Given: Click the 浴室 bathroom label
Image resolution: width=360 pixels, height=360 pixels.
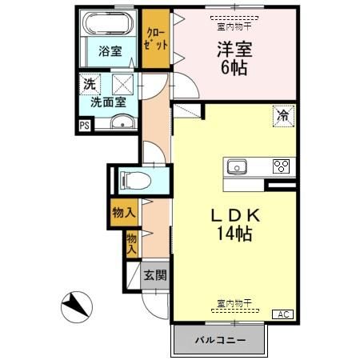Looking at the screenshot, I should [110, 51].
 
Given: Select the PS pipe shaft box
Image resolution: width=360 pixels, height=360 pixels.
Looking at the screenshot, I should [84, 125].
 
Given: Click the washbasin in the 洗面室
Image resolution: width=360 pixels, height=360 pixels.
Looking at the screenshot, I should [122, 122].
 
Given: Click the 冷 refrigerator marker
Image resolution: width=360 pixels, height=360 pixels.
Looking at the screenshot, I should [284, 115].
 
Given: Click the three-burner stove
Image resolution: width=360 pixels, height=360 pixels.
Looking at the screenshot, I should [282, 166].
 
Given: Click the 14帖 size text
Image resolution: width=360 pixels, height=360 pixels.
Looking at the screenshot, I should [236, 235].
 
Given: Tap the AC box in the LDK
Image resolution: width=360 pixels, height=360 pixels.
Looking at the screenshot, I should [283, 314].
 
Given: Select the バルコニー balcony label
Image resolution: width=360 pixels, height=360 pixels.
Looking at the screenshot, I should [219, 341].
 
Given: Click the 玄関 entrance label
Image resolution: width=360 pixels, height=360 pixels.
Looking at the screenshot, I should [154, 276].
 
